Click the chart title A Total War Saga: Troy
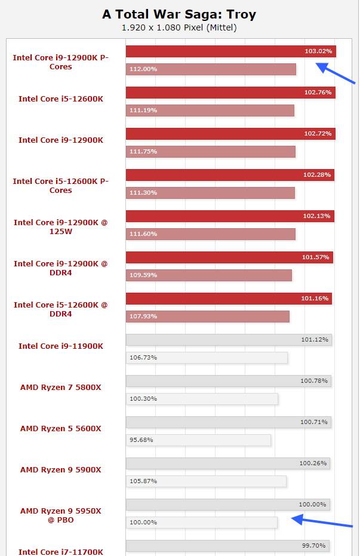pos(179,14)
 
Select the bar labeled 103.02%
pos(230,51)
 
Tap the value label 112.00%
pos(143,69)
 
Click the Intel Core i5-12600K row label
pos(61,99)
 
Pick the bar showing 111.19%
pos(210,110)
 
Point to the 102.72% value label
pos(318,134)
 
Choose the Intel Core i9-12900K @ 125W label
pos(61,227)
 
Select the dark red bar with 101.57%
pos(229,257)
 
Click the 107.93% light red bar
pos(208,317)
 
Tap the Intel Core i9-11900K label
pos(61,346)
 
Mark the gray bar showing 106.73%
pos(207,358)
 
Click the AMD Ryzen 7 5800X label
pos(61,387)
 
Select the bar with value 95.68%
pos(198,440)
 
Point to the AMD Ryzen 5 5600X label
pos(61,428)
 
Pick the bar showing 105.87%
pos(206,481)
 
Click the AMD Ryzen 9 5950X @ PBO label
pos(61,515)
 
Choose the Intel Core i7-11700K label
pos(61,552)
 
